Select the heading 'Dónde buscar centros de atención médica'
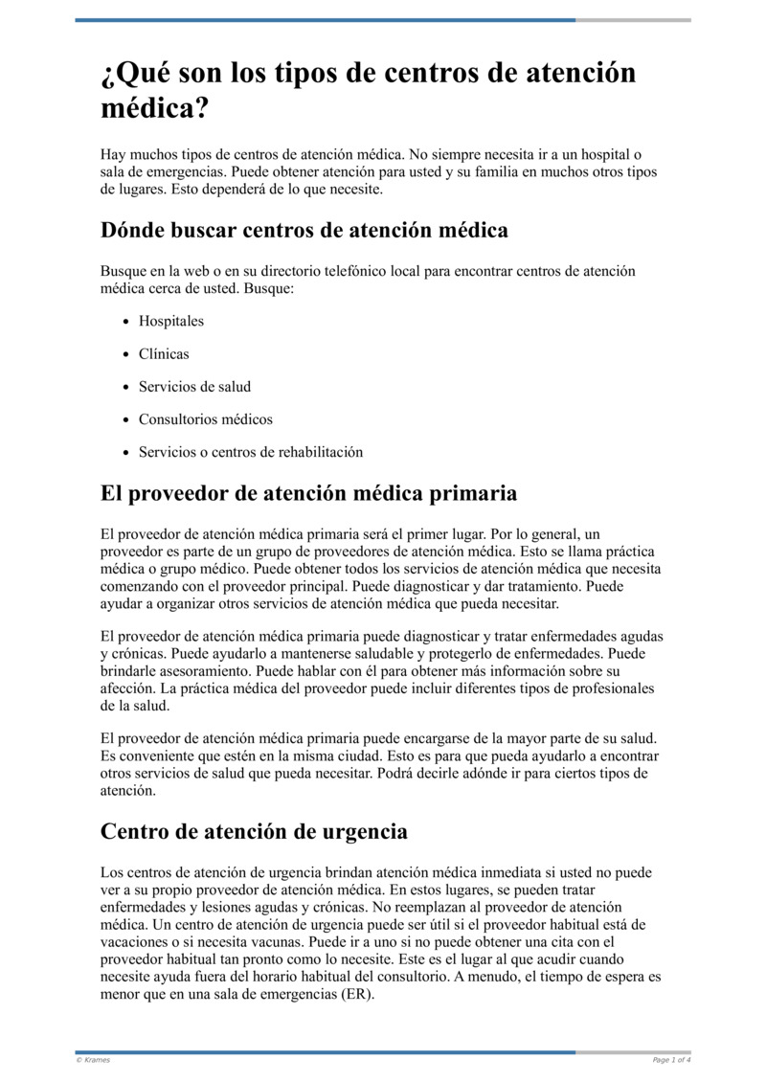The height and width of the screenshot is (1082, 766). tap(304, 231)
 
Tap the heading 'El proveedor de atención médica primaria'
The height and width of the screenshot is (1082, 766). tap(308, 493)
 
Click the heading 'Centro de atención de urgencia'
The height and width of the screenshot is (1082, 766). tap(254, 831)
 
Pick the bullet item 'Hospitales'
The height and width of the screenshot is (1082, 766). tap(171, 322)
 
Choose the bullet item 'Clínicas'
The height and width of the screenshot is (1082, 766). tap(164, 354)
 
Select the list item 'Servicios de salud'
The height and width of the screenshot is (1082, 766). tap(194, 387)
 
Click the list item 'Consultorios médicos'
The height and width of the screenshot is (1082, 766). tap(206, 419)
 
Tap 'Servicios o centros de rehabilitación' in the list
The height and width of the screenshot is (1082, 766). tap(251, 452)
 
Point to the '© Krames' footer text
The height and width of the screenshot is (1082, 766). tap(93, 1060)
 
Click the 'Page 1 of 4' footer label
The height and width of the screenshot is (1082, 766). tap(671, 1060)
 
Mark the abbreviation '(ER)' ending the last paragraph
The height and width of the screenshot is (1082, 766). tap(356, 994)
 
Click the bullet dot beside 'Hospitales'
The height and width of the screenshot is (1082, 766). tap(126, 322)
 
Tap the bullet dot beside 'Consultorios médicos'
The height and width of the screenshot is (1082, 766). tap(126, 419)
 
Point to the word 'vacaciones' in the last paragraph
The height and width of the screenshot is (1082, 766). tap(134, 942)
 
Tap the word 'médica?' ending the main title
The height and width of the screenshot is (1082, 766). tap(154, 107)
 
